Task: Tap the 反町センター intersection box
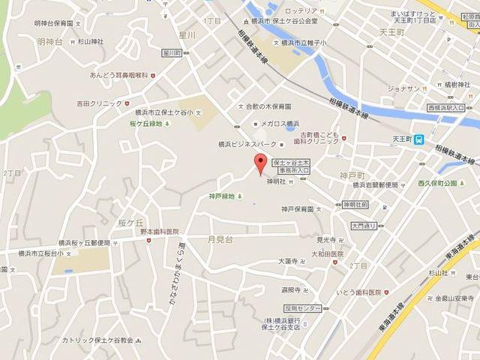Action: coord(303,308)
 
